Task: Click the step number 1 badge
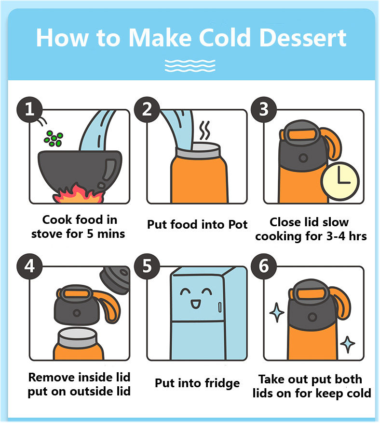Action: click(29, 109)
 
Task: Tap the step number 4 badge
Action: click(29, 266)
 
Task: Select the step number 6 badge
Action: click(264, 266)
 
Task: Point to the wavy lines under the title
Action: click(190, 66)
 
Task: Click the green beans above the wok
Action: click(54, 139)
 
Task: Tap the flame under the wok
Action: click(78, 194)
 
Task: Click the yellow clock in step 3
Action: click(340, 181)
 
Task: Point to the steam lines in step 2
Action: click(204, 131)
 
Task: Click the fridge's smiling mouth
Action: click(195, 304)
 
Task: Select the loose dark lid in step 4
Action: click(115, 279)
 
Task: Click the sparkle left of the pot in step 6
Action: click(277, 312)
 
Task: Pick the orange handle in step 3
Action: click(333, 146)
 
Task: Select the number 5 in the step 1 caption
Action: click(90, 234)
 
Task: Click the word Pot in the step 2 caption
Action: click(238, 224)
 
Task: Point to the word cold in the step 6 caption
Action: click(359, 393)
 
